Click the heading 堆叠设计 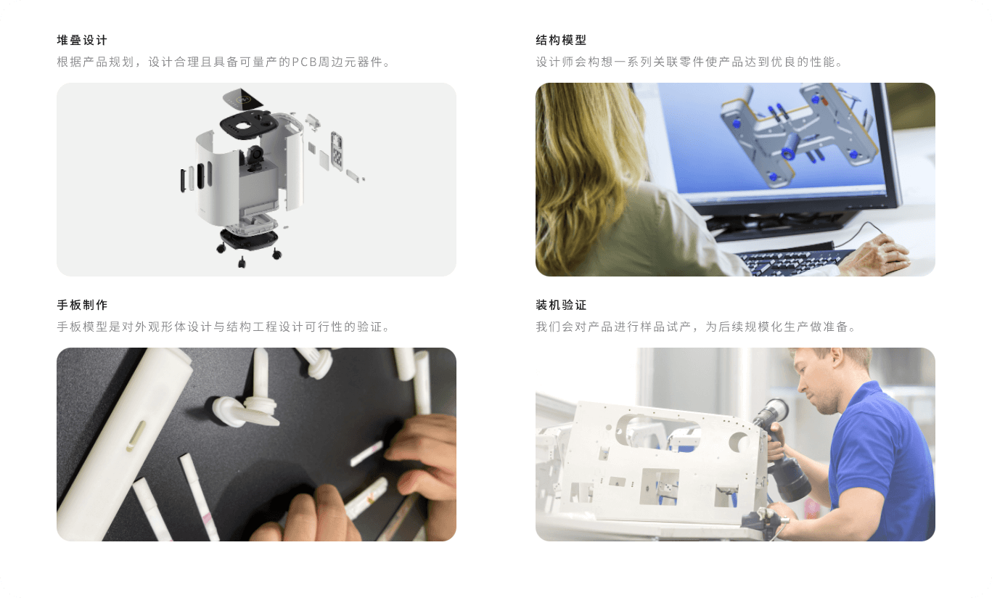click(82, 41)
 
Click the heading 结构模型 click(561, 41)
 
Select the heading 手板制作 click(82, 305)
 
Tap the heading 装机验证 click(561, 305)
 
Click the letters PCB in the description click(304, 62)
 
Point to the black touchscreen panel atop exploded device click(242, 99)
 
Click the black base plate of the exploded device click(249, 239)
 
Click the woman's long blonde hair click(589, 168)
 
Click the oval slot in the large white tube click(136, 436)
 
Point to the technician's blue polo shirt click(881, 461)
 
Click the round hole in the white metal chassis click(739, 442)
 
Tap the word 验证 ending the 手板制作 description click(369, 327)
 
